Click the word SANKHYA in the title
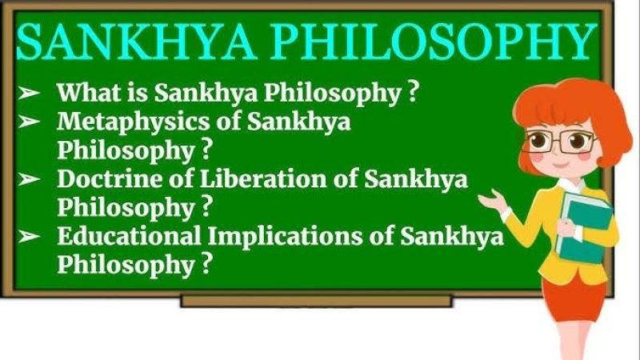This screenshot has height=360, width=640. coord(136,42)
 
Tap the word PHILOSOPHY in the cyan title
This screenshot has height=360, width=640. coord(433,42)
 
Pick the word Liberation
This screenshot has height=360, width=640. coord(263,178)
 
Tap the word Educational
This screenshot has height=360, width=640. coord(129,235)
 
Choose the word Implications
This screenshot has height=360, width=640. coord(285,237)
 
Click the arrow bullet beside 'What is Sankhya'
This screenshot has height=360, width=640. coord(29,93)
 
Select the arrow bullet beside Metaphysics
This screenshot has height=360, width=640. coord(29,122)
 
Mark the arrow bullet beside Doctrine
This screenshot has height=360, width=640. coord(29,178)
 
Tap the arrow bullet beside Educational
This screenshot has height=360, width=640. coord(29,236)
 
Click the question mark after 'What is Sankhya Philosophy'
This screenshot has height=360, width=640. coord(413,92)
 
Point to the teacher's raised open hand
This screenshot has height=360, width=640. coord(494,202)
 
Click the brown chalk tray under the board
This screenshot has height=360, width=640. coord(317,301)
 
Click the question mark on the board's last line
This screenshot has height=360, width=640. coord(207,264)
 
